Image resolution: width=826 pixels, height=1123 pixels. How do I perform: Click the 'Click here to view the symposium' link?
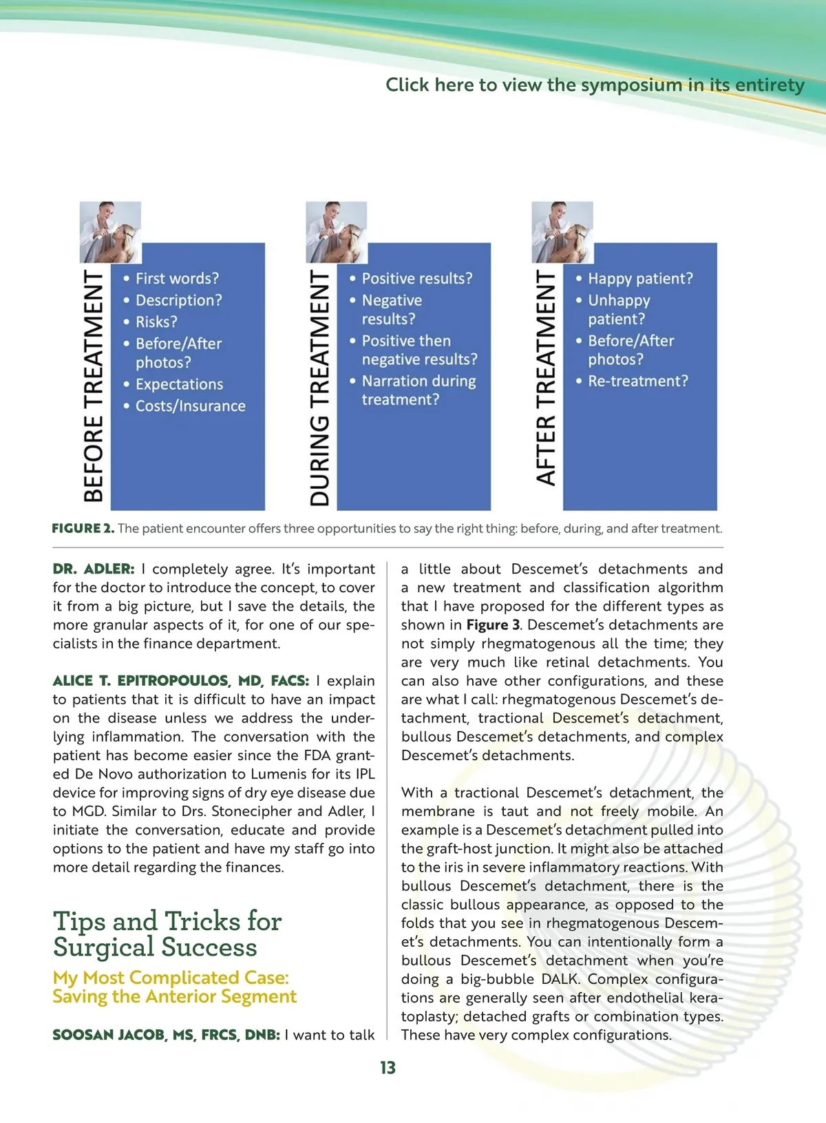pos(594,85)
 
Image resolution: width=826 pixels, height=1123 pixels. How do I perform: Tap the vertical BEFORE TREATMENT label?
pos(94,386)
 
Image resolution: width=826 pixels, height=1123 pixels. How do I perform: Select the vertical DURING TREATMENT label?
pos(320,387)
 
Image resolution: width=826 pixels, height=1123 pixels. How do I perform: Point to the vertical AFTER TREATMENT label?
pos(546,377)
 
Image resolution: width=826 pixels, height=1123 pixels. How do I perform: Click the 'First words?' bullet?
pos(177,278)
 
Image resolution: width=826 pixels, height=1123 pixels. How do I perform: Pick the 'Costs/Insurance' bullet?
pos(190,406)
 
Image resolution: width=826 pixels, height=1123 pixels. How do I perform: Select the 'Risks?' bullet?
pos(156,322)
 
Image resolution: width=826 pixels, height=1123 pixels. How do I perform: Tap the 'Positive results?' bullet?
pos(417,278)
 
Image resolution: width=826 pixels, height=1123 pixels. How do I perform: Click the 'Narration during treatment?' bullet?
pos(419,390)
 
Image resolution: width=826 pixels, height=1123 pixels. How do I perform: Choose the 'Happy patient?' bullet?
pos(640,278)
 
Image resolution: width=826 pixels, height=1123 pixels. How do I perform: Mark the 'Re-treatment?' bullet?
pos(637,381)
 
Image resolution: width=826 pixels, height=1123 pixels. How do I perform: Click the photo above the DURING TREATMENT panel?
pos(336,232)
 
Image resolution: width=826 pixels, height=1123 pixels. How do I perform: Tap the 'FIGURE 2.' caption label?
pos(83,529)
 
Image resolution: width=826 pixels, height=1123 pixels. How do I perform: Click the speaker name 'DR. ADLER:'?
pos(94,569)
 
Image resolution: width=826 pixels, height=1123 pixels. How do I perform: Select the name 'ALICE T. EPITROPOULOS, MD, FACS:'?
pos(181,681)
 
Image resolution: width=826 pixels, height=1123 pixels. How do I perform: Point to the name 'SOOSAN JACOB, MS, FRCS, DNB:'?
pos(166,1035)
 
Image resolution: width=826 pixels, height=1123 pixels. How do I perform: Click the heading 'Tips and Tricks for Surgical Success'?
pos(167,934)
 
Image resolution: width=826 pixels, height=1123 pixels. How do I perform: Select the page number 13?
pos(388,1068)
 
